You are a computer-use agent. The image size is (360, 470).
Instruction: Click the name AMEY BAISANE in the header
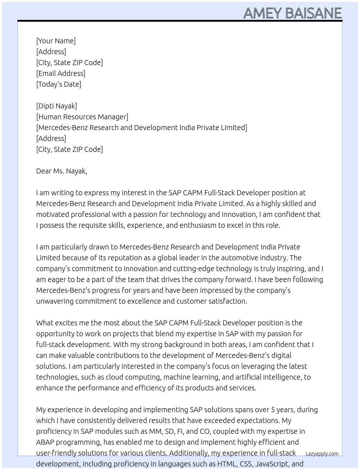[292, 13]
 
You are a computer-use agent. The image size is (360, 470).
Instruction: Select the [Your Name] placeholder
[56, 41]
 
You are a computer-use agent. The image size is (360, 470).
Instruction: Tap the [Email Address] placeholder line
[61, 73]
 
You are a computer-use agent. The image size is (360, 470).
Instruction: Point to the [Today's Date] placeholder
[59, 84]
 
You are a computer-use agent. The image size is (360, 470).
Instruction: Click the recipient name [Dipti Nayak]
[56, 106]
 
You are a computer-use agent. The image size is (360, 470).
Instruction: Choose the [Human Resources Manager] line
[82, 117]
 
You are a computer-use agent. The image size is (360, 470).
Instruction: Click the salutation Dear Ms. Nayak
[61, 171]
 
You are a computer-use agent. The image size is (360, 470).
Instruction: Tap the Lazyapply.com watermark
[322, 454]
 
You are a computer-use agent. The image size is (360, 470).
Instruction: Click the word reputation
[115, 258]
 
